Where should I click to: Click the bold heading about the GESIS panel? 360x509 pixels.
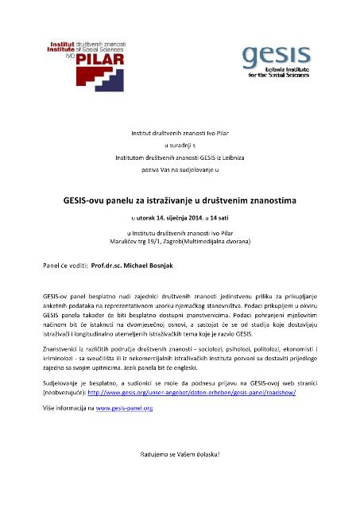pos(179,180)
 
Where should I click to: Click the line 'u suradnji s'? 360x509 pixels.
pos(179,146)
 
